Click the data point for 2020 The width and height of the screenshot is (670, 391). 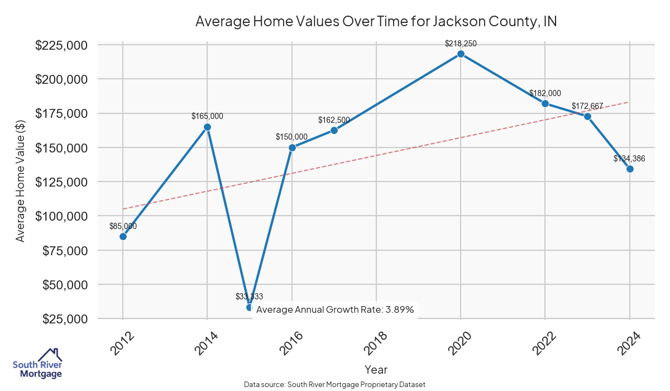[461, 54]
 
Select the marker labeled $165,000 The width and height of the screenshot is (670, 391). [207, 127]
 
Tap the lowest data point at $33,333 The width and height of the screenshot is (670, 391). [250, 307]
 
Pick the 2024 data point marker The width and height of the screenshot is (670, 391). [630, 169]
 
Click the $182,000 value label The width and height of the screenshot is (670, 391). [545, 93]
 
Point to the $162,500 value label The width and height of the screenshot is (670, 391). [334, 120]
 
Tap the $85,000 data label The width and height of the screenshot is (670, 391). [123, 226]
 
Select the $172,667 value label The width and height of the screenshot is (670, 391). [587, 106]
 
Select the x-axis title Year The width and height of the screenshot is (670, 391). [376, 369]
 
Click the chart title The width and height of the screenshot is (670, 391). [376, 21]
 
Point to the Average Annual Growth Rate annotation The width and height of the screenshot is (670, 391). [335, 309]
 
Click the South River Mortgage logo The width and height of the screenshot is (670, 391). [37, 364]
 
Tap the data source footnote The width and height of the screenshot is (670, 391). [334, 385]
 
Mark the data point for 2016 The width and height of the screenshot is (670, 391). [292, 147]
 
